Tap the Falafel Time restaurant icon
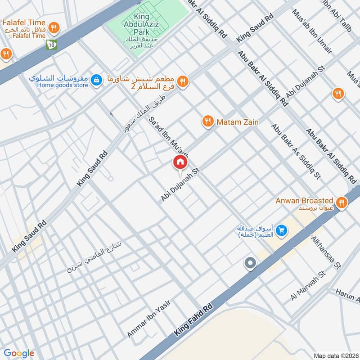coord(54,27)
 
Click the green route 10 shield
coord(51,44)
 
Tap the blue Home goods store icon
coord(95,80)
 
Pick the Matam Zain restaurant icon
coord(207,121)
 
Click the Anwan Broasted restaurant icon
coord(342,203)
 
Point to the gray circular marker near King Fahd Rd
coord(250,263)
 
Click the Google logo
coord(19,353)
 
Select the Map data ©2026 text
coord(335,355)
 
